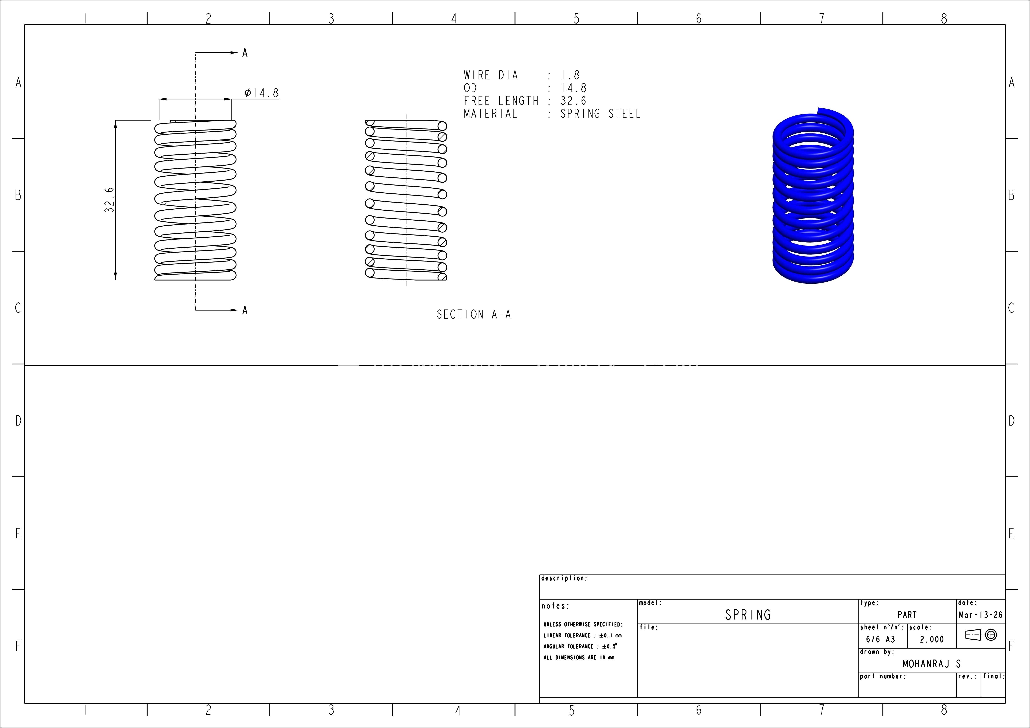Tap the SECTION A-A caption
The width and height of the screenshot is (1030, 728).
click(x=474, y=315)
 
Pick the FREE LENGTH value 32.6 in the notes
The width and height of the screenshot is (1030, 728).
click(x=573, y=101)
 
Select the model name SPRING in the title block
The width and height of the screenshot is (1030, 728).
click(x=748, y=614)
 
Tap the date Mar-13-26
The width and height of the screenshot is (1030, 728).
click(x=981, y=615)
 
